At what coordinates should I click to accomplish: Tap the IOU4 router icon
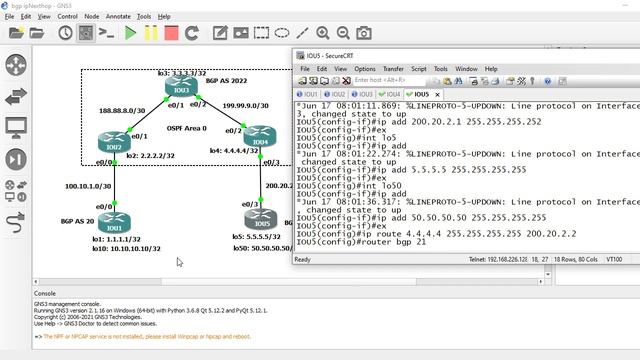pyautogui.click(x=258, y=135)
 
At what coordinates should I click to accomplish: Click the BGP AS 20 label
pyautogui.click(x=77, y=220)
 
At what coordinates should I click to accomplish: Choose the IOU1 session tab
pyautogui.click(x=311, y=94)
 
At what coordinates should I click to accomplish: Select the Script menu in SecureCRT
pyautogui.click(x=418, y=69)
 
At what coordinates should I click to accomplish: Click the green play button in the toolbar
pyautogui.click(x=129, y=33)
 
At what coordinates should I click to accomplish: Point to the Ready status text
pyautogui.click(x=302, y=259)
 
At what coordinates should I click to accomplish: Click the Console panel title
pyautogui.click(x=45, y=293)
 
